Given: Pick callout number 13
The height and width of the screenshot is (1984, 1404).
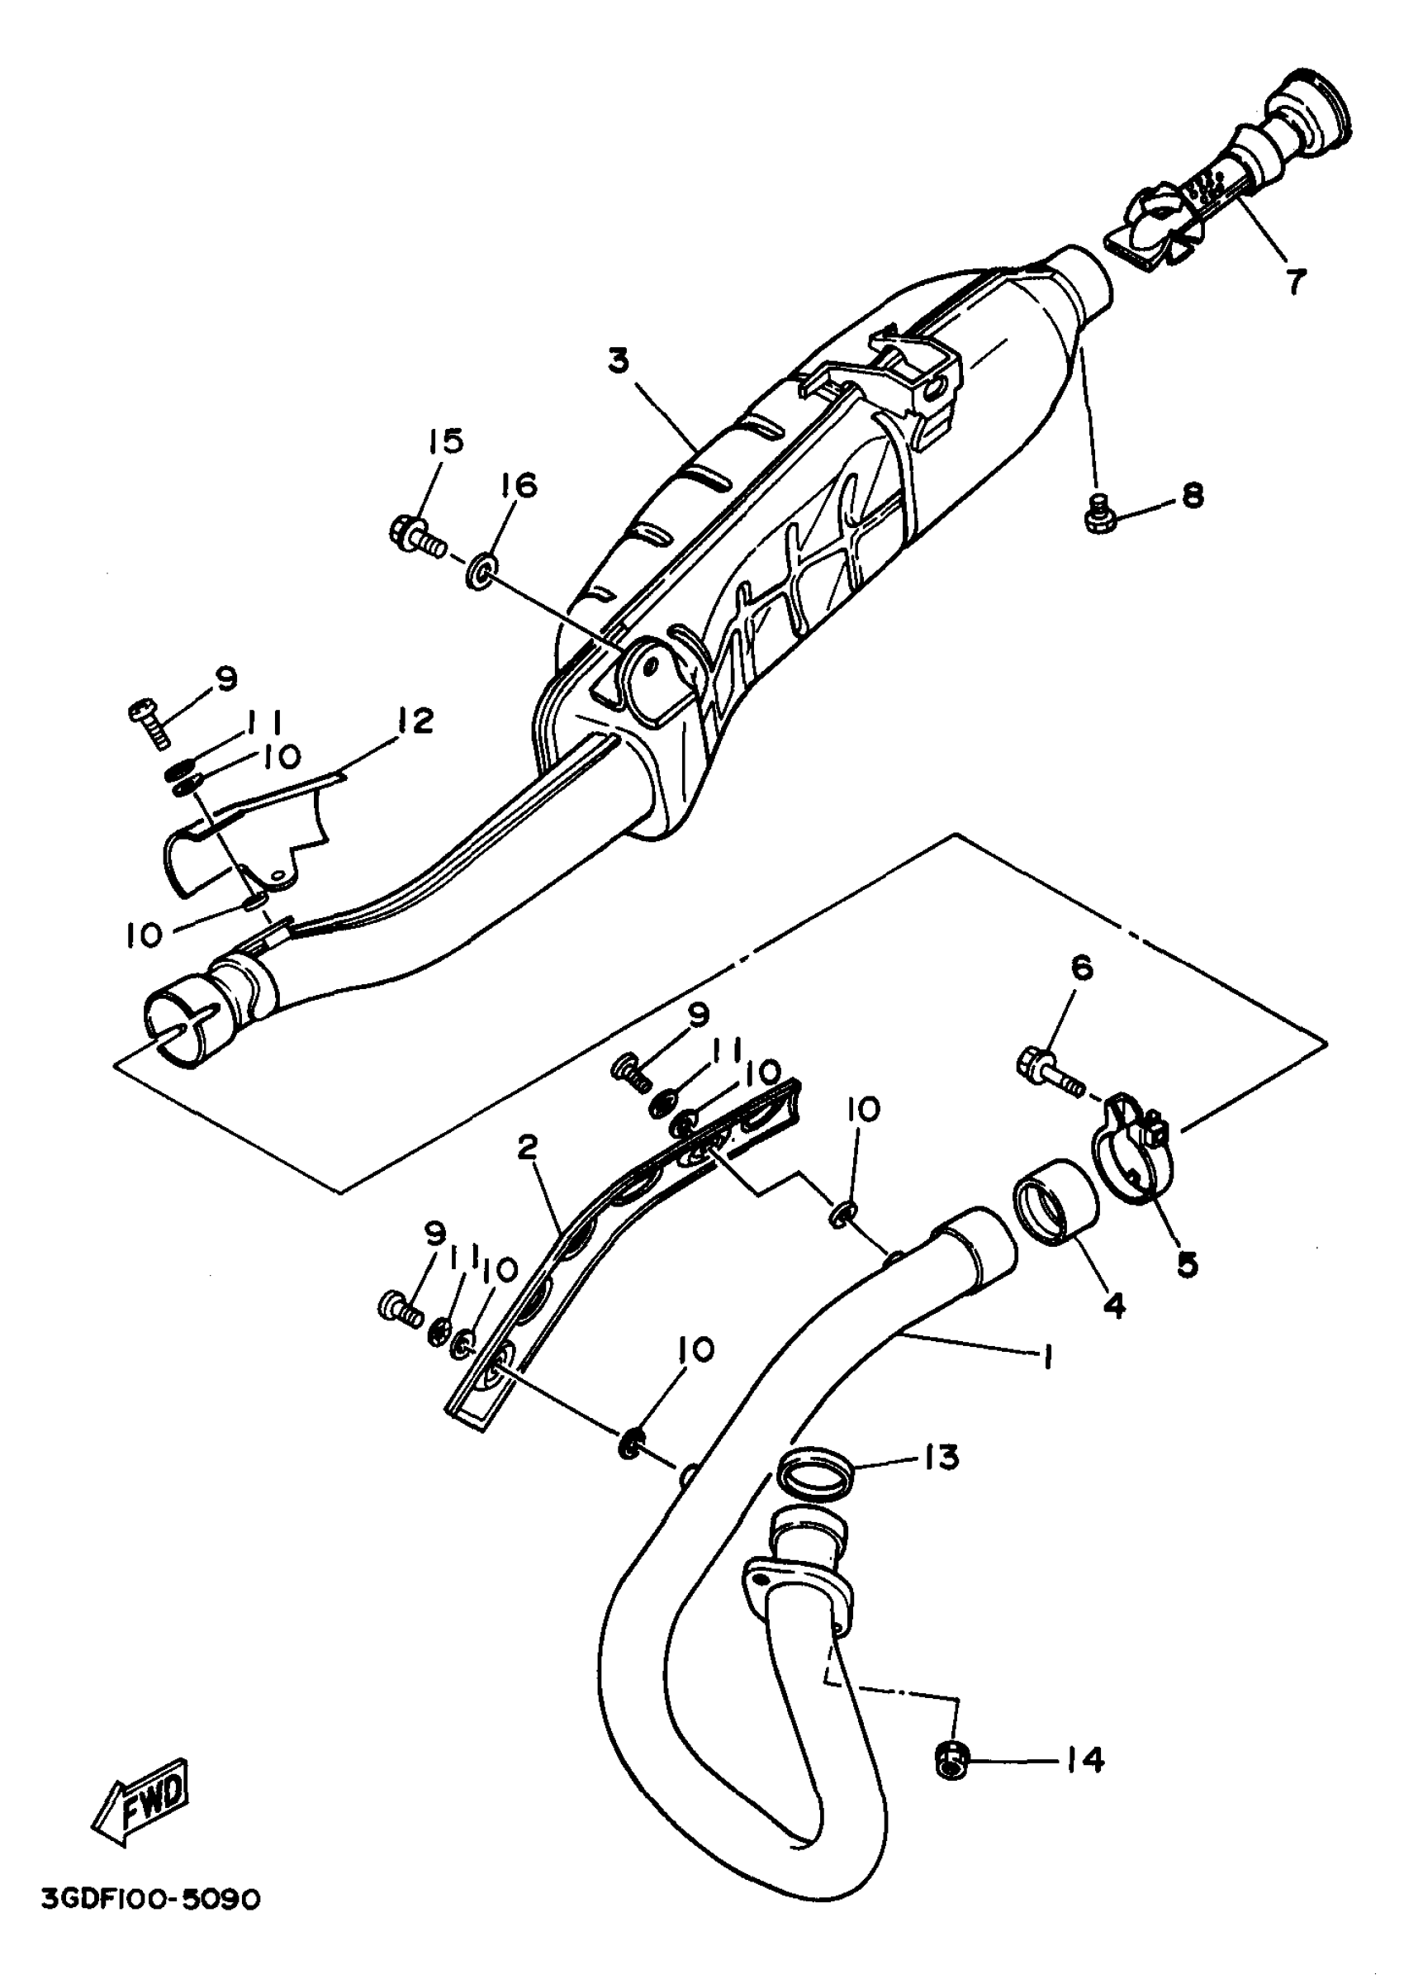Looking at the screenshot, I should [x=941, y=1458].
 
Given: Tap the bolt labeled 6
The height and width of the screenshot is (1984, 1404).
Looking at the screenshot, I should [x=1050, y=1070].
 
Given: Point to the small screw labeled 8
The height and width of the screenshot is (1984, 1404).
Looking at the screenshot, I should [x=1098, y=516].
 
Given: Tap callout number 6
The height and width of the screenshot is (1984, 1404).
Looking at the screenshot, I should [x=1083, y=968].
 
